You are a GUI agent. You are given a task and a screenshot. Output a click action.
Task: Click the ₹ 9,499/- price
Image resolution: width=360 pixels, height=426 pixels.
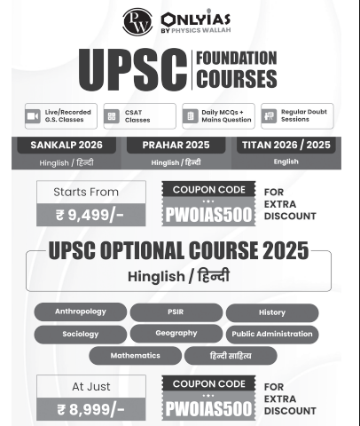pos(90,214)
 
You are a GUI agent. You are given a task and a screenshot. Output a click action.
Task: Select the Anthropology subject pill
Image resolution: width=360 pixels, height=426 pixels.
pos(80,312)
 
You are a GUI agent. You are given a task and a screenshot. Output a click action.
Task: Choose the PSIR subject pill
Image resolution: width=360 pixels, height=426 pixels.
pos(175,312)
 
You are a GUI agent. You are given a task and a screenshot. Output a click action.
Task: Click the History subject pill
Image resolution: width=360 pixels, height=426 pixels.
pos(271,312)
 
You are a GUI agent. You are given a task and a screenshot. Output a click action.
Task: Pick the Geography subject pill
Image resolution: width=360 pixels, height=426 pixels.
pos(175,334)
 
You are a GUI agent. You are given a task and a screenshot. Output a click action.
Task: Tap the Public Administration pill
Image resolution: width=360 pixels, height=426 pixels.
pos(271,335)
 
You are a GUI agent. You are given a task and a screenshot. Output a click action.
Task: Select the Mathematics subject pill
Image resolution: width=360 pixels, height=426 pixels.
pos(135,355)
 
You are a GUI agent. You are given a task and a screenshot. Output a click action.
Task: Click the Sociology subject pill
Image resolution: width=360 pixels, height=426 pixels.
pos(80,335)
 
